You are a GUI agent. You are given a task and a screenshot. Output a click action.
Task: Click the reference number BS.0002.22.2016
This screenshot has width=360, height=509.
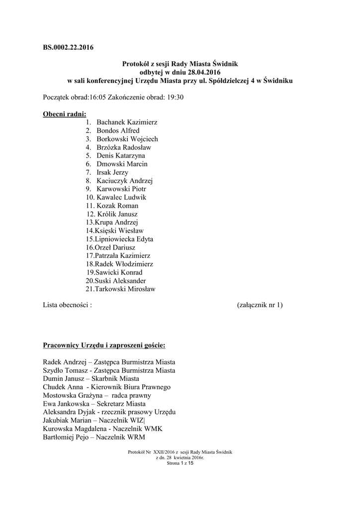click(68, 48)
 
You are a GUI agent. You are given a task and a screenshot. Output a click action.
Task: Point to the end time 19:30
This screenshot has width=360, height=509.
click(174, 97)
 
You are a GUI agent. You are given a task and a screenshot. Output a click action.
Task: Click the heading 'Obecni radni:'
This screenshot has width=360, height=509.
click(64, 114)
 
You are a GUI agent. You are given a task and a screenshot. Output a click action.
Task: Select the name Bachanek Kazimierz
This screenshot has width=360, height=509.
click(124, 122)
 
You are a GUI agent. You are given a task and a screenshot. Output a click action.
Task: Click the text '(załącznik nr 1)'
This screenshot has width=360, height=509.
click(260, 305)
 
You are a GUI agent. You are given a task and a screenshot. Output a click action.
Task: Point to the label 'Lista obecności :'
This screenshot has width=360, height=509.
click(68, 305)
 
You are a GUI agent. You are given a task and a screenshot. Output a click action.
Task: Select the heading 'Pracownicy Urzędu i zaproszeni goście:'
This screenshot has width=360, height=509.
click(104, 344)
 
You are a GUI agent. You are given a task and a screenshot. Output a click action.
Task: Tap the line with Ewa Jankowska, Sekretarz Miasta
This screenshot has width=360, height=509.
click(97, 404)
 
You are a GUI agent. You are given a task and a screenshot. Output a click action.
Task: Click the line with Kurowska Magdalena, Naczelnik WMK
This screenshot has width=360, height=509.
click(103, 429)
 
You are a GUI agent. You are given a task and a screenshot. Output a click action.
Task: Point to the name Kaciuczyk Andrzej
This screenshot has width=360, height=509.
click(124, 180)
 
